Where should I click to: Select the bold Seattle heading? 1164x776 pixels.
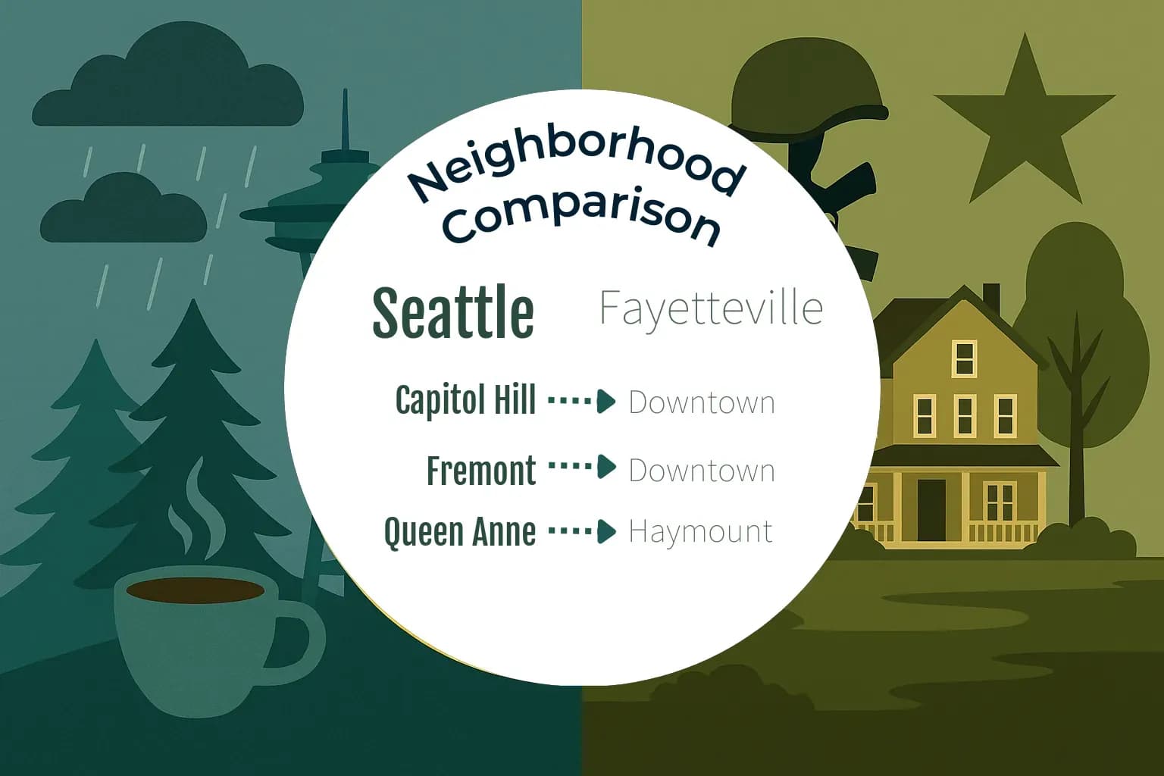point(453,311)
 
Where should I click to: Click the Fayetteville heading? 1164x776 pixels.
point(710,308)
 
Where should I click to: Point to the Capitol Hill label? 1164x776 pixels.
point(465,400)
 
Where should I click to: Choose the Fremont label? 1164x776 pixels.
point(481,471)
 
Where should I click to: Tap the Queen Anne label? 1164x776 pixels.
point(459,531)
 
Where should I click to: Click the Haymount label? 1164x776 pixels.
point(700,531)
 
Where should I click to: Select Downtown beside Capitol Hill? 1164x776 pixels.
point(702,402)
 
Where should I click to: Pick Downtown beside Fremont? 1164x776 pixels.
point(702,471)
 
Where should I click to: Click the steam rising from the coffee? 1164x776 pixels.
point(191,508)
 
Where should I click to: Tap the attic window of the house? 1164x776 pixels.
point(964,358)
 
